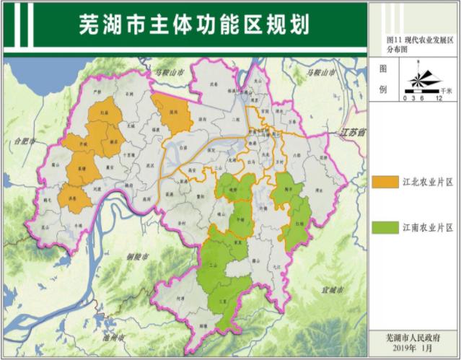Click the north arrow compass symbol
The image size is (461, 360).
coord(423,77)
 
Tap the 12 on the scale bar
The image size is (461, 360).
coord(439,97)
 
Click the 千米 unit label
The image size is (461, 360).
coord(447,90)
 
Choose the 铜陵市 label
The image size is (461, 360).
coord(136,256)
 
